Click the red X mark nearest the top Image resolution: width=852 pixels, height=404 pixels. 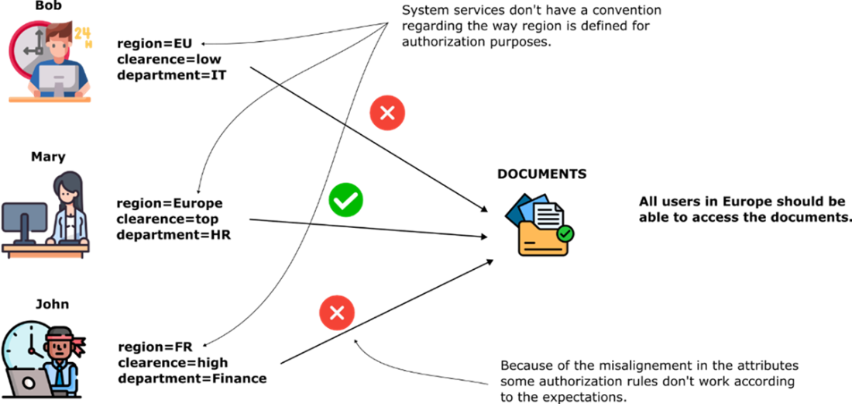pyautogui.click(x=387, y=113)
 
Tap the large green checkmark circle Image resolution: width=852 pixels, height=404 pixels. pyautogui.click(x=345, y=200)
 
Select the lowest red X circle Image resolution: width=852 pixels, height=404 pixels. pyautogui.click(x=337, y=313)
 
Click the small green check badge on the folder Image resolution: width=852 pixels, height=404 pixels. pyautogui.click(x=565, y=233)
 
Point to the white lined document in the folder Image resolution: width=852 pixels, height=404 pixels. pyautogui.click(x=548, y=216)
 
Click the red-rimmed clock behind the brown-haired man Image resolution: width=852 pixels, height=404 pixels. pyautogui.click(x=23, y=47)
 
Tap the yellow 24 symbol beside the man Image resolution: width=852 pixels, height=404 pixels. pyautogui.click(x=84, y=36)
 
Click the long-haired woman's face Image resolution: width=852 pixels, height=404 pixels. pyautogui.click(x=70, y=194)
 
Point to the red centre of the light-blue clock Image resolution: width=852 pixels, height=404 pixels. pyautogui.click(x=30, y=350)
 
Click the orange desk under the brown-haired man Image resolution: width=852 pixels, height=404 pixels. pyautogui.click(x=50, y=99)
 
